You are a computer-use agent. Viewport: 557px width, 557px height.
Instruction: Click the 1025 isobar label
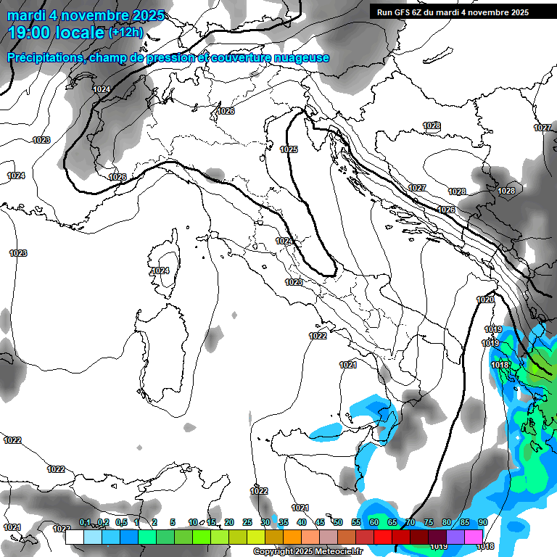tap(289, 149)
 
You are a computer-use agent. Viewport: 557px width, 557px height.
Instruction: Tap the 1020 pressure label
tap(485, 300)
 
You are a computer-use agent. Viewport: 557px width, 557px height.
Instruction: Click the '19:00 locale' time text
tap(57, 33)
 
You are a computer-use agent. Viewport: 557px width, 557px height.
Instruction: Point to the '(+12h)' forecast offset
tap(125, 33)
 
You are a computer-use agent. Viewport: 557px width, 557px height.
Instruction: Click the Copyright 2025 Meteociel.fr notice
tap(308, 551)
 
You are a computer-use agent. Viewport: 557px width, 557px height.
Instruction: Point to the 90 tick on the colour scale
tap(482, 523)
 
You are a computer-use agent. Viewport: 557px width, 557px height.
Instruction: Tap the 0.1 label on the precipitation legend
tap(85, 523)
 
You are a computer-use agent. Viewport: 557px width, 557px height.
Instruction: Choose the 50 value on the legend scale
tap(338, 523)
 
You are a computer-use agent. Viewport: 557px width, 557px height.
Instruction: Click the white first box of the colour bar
tap(74, 537)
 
